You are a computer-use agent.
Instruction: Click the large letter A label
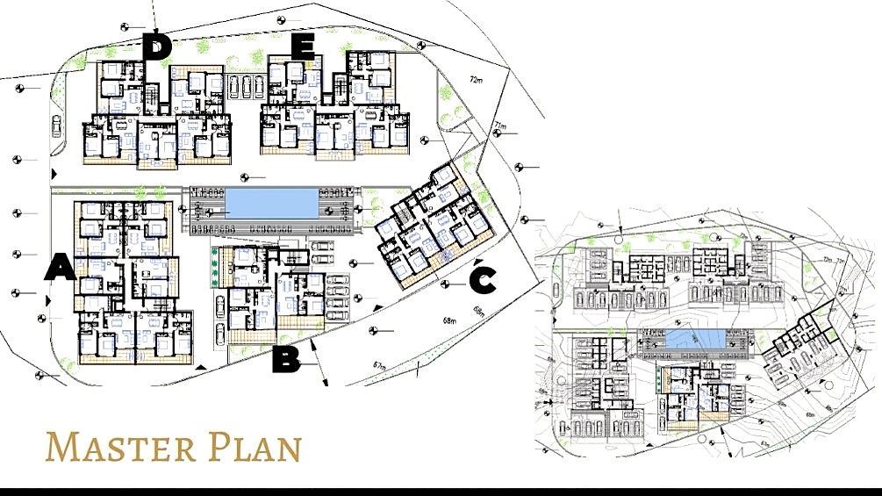coord(60,268)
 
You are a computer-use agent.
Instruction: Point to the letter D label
coord(156,47)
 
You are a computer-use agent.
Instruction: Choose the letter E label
coord(302,47)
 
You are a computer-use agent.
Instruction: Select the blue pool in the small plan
coord(693,339)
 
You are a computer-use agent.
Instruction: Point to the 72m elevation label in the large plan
coord(477,80)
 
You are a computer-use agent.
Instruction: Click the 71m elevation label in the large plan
coord(498,126)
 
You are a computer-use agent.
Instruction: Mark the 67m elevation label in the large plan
coord(379,364)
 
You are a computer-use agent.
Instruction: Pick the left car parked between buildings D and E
coord(234,86)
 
